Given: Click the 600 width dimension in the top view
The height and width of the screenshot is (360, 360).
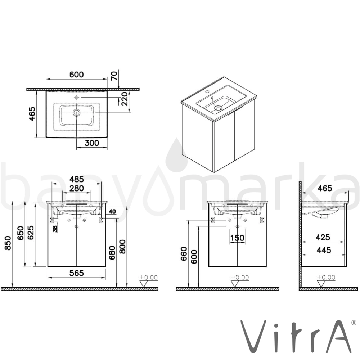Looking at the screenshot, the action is pyautogui.click(x=77, y=75).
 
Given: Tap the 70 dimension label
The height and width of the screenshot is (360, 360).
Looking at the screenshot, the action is pyautogui.click(x=114, y=76).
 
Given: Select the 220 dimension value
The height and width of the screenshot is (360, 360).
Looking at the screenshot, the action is pyautogui.click(x=124, y=99).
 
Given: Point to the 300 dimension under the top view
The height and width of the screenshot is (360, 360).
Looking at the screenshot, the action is pyautogui.click(x=92, y=143).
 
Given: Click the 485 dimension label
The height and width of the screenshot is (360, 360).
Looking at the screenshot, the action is pyautogui.click(x=77, y=179).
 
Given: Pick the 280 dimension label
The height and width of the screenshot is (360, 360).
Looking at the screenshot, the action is pyautogui.click(x=77, y=189).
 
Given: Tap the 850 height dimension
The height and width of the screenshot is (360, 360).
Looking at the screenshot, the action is pyautogui.click(x=8, y=243).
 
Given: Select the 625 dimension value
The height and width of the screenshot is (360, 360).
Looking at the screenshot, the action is pyautogui.click(x=31, y=233).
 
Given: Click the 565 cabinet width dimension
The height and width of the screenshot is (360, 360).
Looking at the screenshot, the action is pyautogui.click(x=77, y=273).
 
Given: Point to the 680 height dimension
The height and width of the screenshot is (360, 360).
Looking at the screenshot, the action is pyautogui.click(x=112, y=253).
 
